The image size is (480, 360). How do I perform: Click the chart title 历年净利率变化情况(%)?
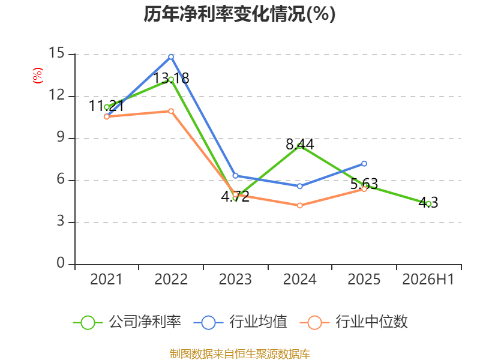point(239,14)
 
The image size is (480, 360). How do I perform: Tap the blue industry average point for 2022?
point(171,57)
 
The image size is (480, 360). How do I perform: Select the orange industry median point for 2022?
point(171,111)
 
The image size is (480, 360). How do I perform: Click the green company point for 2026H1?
point(428,204)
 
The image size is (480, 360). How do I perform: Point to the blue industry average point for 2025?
point(364,164)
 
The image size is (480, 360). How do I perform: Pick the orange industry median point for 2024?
point(299,205)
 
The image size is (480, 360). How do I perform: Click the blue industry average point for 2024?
point(299,186)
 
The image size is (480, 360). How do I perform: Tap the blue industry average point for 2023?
point(235,176)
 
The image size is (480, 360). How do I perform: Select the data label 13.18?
point(171,79)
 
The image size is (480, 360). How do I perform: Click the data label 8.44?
point(300,145)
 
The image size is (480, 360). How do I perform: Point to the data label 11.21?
point(107,106)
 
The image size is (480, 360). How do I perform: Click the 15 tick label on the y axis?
point(56,53)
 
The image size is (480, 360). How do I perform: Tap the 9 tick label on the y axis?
point(61,137)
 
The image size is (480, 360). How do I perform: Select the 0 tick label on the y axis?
point(61,263)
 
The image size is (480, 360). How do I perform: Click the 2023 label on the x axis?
point(235,280)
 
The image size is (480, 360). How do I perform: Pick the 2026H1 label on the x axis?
point(428,280)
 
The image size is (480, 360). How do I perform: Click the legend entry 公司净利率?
point(145,322)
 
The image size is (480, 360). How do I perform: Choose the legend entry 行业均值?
point(259,322)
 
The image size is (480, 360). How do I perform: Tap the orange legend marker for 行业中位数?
point(314,323)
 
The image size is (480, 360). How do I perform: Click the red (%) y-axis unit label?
point(38,76)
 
